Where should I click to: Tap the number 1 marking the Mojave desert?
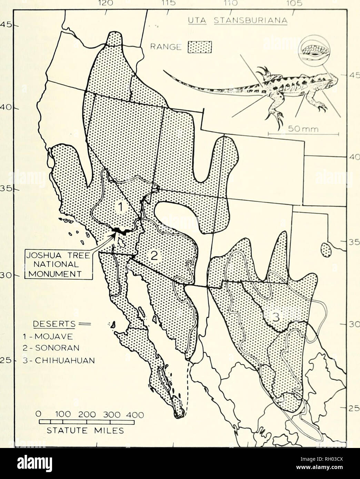pos(118,207)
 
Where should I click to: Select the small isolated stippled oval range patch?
pos(325,249)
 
